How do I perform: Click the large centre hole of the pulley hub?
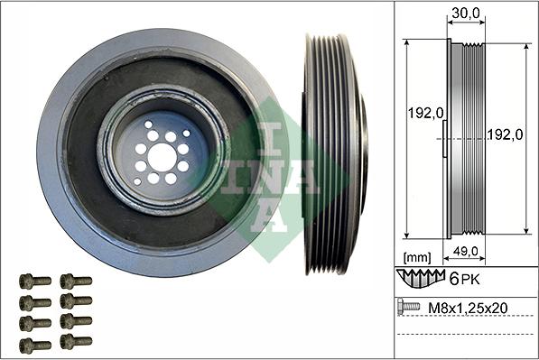pos(163,157)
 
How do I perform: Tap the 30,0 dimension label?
pos(461,14)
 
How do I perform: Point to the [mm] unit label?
pos(417,256)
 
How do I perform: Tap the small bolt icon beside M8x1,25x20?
pos(408,308)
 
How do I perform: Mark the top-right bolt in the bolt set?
pos(76,282)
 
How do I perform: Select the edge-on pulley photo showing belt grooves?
pos(333,155)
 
